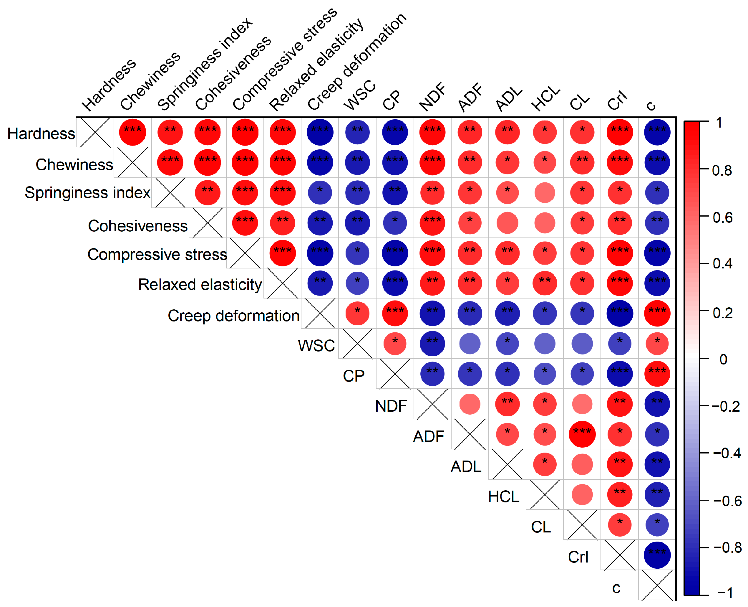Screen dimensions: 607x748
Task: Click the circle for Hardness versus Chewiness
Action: click(x=132, y=132)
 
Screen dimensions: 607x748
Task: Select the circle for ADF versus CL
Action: click(x=582, y=434)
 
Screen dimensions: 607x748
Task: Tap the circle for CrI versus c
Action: click(x=657, y=555)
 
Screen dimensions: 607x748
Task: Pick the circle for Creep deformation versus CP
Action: click(x=395, y=313)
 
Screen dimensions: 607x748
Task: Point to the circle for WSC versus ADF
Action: click(x=470, y=343)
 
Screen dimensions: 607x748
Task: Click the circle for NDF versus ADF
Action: click(x=470, y=404)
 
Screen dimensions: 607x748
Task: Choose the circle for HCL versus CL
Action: click(x=582, y=494)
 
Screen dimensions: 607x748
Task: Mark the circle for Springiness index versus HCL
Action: click(x=545, y=193)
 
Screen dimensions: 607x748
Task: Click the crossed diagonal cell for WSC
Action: click(x=357, y=344)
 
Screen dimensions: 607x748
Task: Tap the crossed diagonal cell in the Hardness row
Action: click(x=95, y=133)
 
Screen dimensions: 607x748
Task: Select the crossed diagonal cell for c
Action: click(x=657, y=585)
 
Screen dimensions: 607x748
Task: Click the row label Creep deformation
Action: click(x=233, y=316)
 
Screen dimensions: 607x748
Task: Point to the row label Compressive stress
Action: click(x=157, y=255)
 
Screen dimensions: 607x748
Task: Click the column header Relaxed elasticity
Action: click(x=316, y=65)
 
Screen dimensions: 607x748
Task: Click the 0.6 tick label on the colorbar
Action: click(x=722, y=218)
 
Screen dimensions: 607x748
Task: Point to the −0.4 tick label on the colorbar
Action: click(x=727, y=453)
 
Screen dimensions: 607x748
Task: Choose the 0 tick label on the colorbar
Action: click(x=723, y=359)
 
